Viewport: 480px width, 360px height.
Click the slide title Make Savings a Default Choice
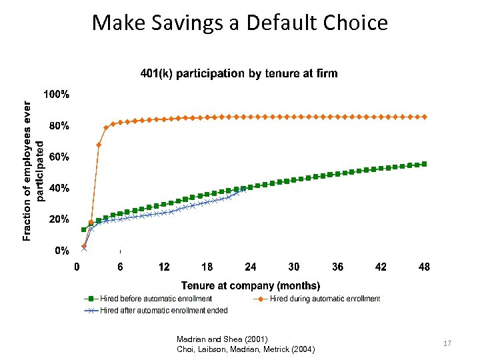tap(239, 23)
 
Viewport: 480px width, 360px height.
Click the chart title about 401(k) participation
tap(239, 73)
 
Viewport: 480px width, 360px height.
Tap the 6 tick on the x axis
tap(121, 267)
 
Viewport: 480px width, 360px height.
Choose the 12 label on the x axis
tap(164, 267)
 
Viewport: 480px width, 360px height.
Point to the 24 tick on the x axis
tap(251, 267)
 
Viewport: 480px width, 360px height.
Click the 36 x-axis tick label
tap(337, 267)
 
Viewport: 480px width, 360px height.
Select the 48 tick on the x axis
tap(424, 267)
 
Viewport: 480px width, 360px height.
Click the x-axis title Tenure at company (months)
tap(251, 285)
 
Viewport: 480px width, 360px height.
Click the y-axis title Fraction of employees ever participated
tap(33, 171)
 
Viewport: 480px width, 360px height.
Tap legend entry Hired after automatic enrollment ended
tap(163, 310)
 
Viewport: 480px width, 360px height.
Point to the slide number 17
tap(447, 343)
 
